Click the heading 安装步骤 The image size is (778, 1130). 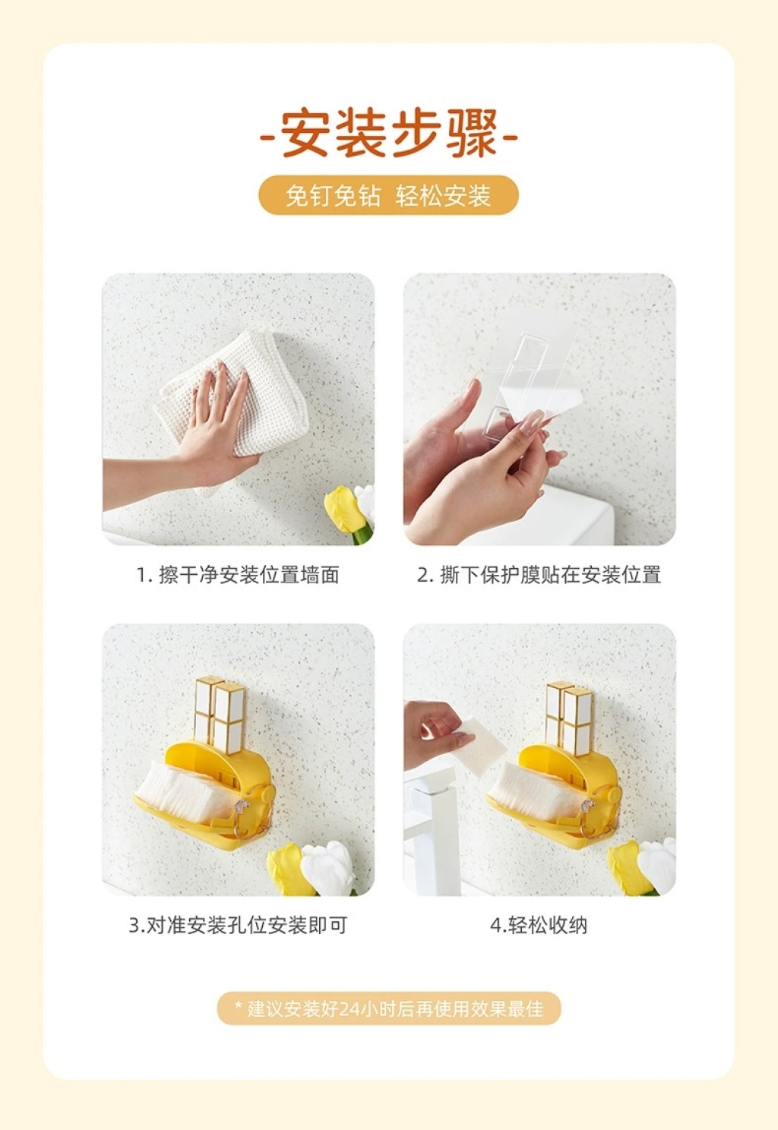(389, 134)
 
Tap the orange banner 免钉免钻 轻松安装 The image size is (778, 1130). (388, 195)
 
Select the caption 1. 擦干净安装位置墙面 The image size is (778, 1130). (238, 575)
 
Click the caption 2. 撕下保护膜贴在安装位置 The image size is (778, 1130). (539, 575)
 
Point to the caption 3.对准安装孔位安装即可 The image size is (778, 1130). (238, 925)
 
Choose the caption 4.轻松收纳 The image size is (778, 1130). (539, 925)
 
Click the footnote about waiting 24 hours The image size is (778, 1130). (389, 1008)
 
